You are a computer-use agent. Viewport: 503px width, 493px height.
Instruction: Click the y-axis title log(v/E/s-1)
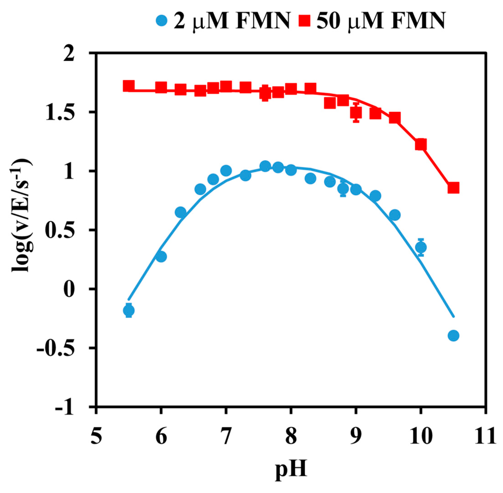[23, 215]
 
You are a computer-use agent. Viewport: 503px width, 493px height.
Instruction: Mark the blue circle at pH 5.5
[129, 310]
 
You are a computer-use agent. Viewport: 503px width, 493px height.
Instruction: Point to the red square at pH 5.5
[129, 86]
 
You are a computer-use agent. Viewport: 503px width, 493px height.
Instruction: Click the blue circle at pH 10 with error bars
[421, 247]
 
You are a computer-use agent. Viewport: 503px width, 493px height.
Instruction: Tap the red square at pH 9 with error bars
[356, 113]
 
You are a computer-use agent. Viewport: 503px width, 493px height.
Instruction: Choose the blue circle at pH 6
[161, 257]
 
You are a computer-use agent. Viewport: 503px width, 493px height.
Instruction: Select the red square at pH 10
[421, 144]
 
